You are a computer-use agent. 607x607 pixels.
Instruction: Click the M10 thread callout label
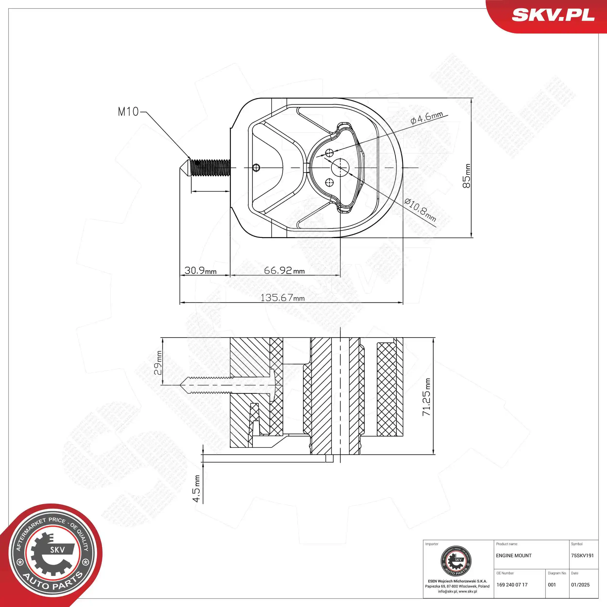128,111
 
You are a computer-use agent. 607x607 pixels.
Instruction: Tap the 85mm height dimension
467,176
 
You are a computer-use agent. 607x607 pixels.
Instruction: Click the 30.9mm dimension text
200,270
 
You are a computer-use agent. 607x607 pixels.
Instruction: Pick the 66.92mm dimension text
284,270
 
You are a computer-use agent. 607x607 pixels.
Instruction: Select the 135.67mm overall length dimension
282,297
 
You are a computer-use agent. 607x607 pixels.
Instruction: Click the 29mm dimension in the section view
158,363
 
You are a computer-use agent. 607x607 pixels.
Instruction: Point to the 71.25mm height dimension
426,397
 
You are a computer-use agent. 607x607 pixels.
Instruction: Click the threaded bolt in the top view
210,168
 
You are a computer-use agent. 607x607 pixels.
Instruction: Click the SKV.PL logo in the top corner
553,15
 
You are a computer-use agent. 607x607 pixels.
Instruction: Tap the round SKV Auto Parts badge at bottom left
52,554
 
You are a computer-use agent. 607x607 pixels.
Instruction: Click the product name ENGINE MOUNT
514,556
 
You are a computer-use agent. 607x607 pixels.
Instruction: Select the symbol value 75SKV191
582,556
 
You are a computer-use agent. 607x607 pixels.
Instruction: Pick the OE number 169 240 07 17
512,585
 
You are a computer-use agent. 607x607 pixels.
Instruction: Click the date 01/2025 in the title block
580,585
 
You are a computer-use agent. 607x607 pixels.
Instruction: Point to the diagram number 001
552,585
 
